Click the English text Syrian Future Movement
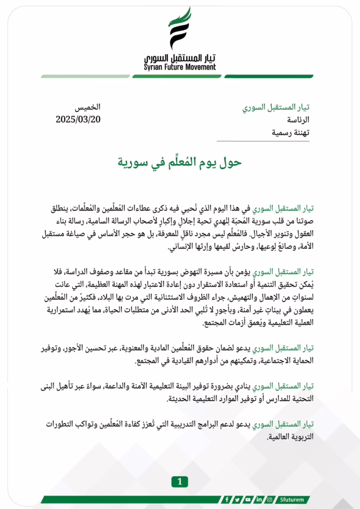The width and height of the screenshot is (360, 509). [x=180, y=67]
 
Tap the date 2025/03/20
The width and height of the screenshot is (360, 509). [x=78, y=119]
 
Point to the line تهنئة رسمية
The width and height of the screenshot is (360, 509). [x=291, y=133]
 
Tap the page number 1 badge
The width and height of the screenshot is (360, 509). [x=180, y=481]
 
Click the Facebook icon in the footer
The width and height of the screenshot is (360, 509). [x=227, y=500]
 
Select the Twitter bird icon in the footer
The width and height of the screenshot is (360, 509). [x=238, y=500]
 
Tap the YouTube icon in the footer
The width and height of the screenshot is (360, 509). [x=248, y=500]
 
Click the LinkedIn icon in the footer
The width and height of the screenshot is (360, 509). [x=259, y=500]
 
